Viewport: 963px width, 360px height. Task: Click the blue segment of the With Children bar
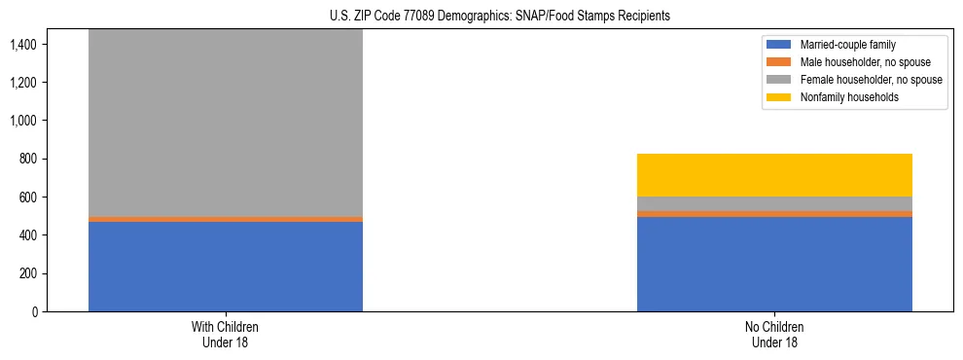point(226,267)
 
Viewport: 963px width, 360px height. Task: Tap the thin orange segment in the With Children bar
point(226,219)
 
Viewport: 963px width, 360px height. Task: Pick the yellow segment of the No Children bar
point(774,175)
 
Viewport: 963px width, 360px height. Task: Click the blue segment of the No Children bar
point(774,264)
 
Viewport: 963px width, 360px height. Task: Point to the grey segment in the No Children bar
point(774,203)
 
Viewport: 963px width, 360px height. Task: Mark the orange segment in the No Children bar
point(774,213)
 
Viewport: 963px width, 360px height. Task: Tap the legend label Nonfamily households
point(843,97)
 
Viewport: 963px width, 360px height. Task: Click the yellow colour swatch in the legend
point(779,97)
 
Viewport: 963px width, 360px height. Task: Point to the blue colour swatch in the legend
point(779,45)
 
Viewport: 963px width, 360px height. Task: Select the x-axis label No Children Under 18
point(774,335)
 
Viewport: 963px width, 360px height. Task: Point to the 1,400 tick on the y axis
point(22,44)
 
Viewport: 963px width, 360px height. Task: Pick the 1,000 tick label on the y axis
point(22,121)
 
